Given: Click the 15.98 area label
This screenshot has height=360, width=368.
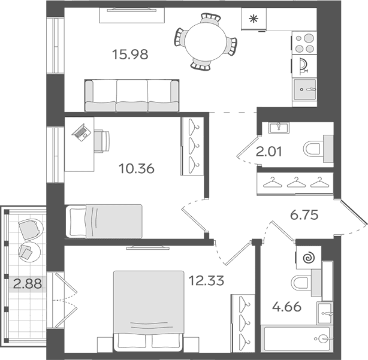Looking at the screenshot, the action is pyautogui.click(x=130, y=55).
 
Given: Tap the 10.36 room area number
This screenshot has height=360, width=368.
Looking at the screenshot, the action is pyautogui.click(x=137, y=168).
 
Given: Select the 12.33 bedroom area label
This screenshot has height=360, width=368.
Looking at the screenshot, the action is pyautogui.click(x=206, y=280).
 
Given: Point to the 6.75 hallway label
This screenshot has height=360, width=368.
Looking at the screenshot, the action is pyautogui.click(x=304, y=215).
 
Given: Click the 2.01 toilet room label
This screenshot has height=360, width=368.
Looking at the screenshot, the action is pyautogui.click(x=269, y=152).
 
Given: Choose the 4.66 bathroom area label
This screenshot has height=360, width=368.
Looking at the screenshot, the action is pyautogui.click(x=287, y=307).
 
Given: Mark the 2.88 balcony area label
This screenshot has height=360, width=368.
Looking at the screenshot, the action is pyautogui.click(x=28, y=283).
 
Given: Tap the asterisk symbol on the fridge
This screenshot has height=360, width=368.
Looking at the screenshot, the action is pyautogui.click(x=254, y=19).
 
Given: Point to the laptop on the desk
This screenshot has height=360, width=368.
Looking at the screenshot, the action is pyautogui.click(x=81, y=132).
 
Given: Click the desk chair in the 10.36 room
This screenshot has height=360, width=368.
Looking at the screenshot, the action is pyautogui.click(x=102, y=141).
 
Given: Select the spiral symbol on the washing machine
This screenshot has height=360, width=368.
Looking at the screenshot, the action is pyautogui.click(x=309, y=258).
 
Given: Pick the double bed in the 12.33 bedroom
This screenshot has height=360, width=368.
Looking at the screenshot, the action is pyautogui.click(x=148, y=311).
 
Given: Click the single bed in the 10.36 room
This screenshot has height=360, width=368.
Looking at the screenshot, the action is pyautogui.click(x=104, y=222).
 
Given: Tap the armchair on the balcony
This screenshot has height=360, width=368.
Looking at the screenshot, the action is pyautogui.click(x=31, y=229).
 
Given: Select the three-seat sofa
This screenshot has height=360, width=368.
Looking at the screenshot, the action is pyautogui.click(x=132, y=95).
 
